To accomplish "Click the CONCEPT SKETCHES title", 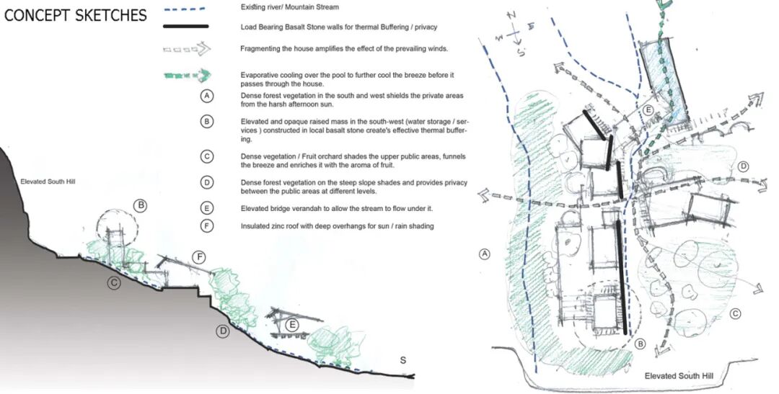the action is click(x=76, y=15).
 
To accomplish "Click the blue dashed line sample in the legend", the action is click(x=185, y=9).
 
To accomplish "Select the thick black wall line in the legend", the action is click(x=186, y=27).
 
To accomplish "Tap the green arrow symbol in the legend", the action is click(x=188, y=76).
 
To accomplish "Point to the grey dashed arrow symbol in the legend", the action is click(x=188, y=49).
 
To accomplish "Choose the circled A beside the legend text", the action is click(x=207, y=96).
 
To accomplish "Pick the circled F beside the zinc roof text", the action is click(x=207, y=225).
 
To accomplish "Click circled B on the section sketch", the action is click(x=141, y=205).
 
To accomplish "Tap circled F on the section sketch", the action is click(x=199, y=257).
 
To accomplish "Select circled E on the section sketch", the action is click(x=293, y=325).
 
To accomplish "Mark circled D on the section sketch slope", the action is click(x=223, y=331).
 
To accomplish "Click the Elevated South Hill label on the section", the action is click(x=48, y=182).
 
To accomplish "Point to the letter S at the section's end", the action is click(x=403, y=360).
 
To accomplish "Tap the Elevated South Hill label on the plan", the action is click(x=679, y=376).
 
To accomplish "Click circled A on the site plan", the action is click(x=485, y=254).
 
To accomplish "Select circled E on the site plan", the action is click(x=648, y=110).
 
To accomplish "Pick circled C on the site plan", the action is click(x=735, y=313).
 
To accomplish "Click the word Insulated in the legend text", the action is click(x=255, y=225).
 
